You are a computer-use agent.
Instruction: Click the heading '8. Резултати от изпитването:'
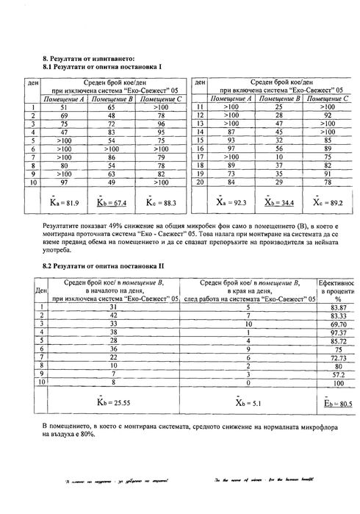pyautogui.click(x=89, y=57)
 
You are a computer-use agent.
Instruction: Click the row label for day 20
pyautogui.click(x=200, y=182)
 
